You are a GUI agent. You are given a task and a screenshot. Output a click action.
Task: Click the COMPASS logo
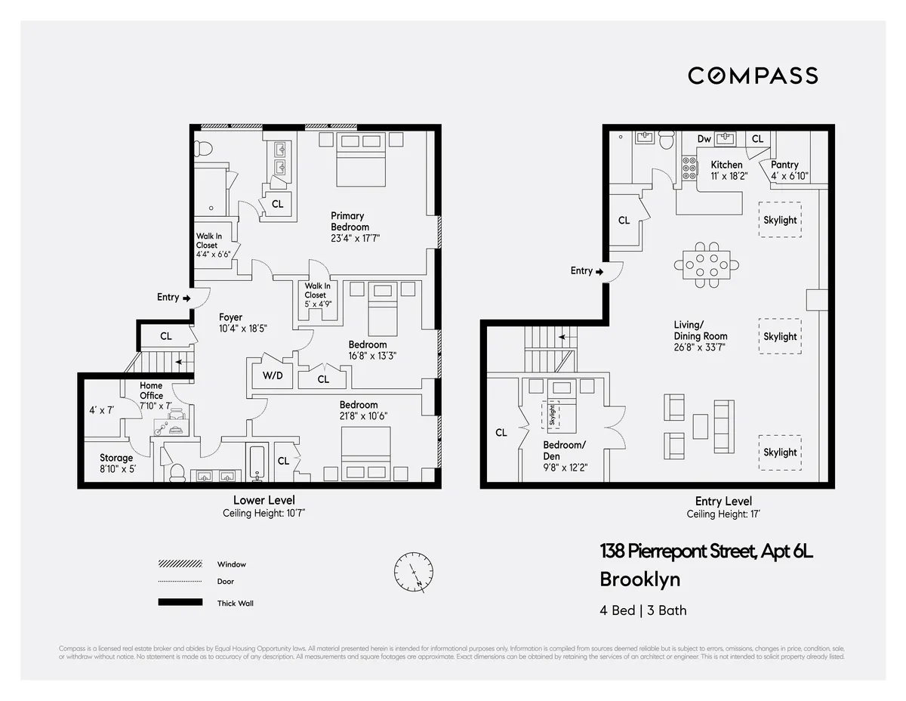(752, 76)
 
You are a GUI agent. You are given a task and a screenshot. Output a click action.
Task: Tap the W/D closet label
(273, 375)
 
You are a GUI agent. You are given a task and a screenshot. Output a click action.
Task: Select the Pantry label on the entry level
(784, 165)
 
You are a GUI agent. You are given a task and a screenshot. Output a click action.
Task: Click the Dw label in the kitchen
(704, 139)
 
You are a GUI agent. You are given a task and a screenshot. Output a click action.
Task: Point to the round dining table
(707, 264)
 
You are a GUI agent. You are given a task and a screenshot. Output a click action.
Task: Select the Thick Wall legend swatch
(180, 602)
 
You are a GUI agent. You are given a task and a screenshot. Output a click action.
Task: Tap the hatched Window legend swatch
(180, 564)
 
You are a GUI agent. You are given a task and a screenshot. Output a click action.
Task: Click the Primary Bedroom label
(350, 221)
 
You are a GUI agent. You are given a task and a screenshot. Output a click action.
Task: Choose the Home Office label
(151, 391)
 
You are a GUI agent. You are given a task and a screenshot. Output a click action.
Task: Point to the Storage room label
(116, 458)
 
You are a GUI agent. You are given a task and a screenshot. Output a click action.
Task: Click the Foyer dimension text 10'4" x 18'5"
(243, 329)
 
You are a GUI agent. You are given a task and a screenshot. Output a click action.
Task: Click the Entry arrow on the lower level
(186, 298)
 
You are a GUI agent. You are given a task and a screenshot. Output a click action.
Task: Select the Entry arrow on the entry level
(599, 271)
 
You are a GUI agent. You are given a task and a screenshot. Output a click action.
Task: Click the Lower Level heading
(263, 500)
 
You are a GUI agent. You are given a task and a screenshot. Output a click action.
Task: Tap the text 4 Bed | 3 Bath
(643, 610)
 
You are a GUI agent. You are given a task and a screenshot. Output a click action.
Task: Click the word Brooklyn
(639, 579)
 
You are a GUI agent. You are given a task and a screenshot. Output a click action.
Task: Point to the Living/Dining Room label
(700, 330)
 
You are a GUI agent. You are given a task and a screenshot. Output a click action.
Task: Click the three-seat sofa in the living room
(723, 427)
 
